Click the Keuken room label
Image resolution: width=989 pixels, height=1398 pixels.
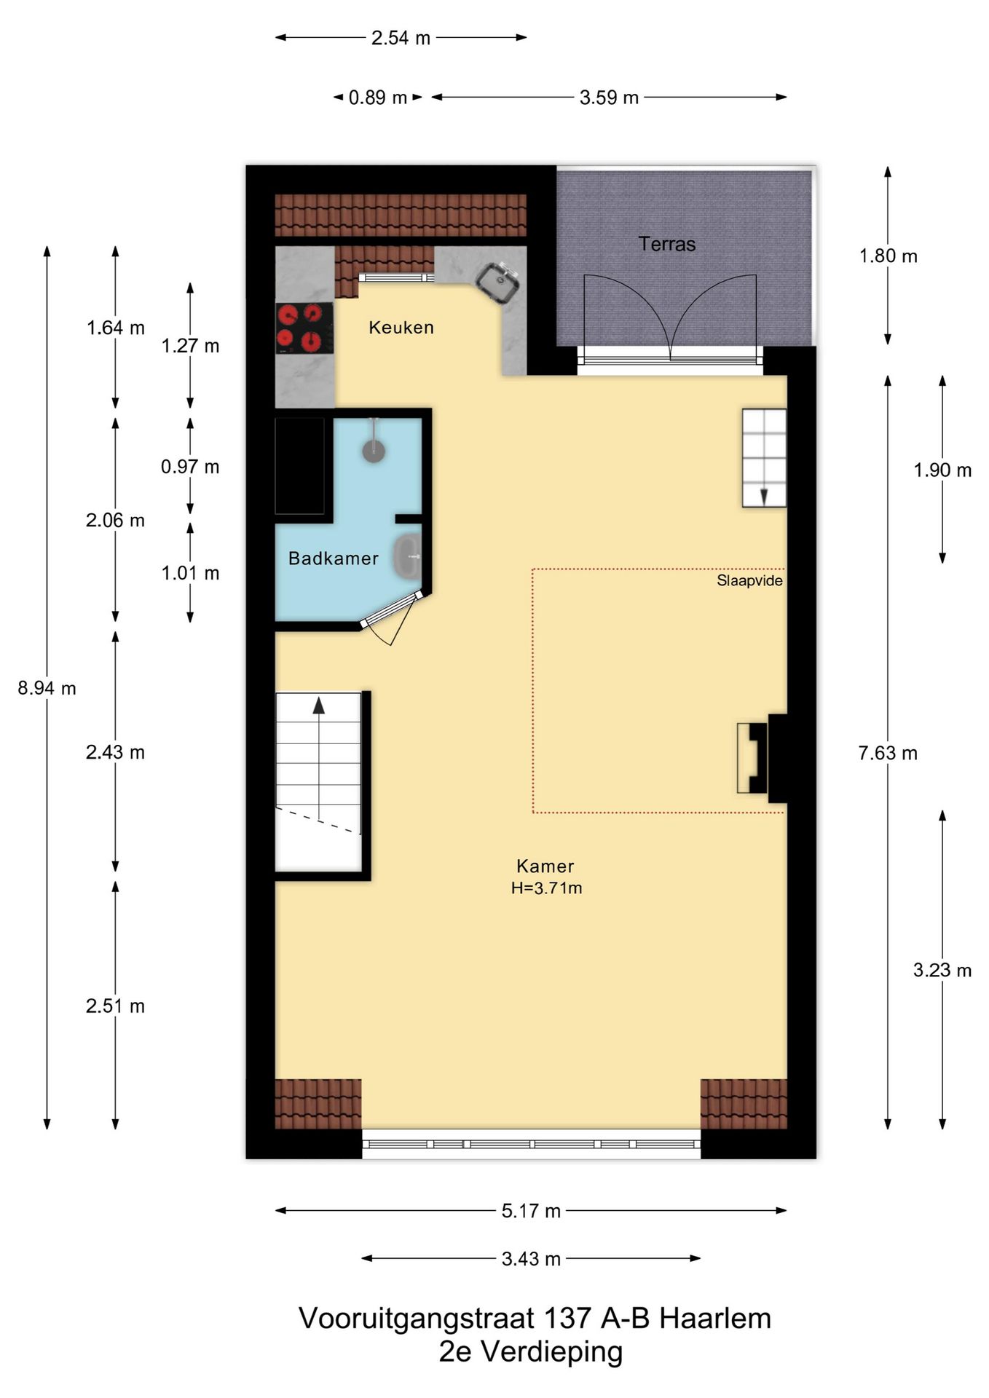(401, 328)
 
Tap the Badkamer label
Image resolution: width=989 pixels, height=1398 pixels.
(334, 558)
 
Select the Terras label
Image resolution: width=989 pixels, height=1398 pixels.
(667, 244)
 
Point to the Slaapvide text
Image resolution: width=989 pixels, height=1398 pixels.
(749, 580)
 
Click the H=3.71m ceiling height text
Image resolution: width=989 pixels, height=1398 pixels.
(546, 888)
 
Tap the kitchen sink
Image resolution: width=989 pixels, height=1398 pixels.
(497, 282)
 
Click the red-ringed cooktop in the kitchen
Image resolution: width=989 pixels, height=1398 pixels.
(304, 328)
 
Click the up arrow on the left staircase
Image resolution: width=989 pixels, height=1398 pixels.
(319, 705)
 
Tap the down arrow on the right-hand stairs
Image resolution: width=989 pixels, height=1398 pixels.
(764, 497)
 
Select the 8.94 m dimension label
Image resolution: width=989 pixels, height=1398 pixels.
(47, 688)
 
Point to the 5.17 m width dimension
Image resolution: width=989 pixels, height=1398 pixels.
(531, 1211)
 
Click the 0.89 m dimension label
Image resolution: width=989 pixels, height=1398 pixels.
(378, 98)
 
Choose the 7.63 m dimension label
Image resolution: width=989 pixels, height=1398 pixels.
(888, 753)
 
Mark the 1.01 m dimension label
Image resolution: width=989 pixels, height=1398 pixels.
(190, 573)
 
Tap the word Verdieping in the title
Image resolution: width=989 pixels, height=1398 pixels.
(552, 1351)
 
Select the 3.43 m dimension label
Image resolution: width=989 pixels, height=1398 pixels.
(531, 1259)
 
